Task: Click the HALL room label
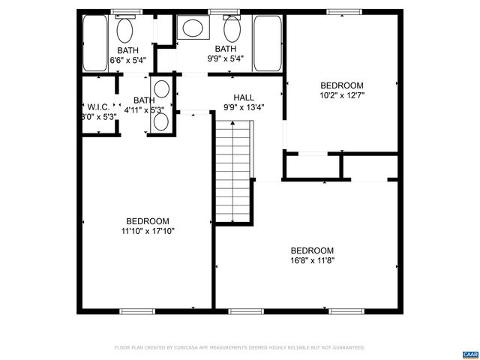click(243, 97)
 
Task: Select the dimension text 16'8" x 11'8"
click(312, 261)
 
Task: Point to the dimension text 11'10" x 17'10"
click(147, 231)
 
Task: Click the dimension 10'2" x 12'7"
click(341, 95)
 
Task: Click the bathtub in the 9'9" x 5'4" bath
click(267, 43)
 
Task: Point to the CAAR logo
click(469, 352)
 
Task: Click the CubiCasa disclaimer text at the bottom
click(240, 348)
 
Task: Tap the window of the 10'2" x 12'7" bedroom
click(342, 12)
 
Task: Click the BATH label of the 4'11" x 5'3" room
click(144, 100)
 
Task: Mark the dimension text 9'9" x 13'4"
click(243, 107)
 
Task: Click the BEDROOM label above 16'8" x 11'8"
click(312, 250)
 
